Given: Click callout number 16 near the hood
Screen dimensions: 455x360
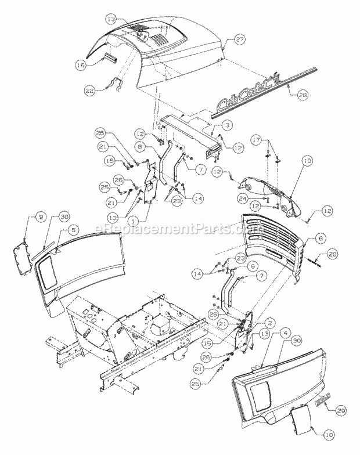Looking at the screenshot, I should point(81,66).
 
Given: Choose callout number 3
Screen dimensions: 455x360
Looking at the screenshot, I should point(227,125).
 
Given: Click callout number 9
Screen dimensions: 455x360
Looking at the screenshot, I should point(42,216).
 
